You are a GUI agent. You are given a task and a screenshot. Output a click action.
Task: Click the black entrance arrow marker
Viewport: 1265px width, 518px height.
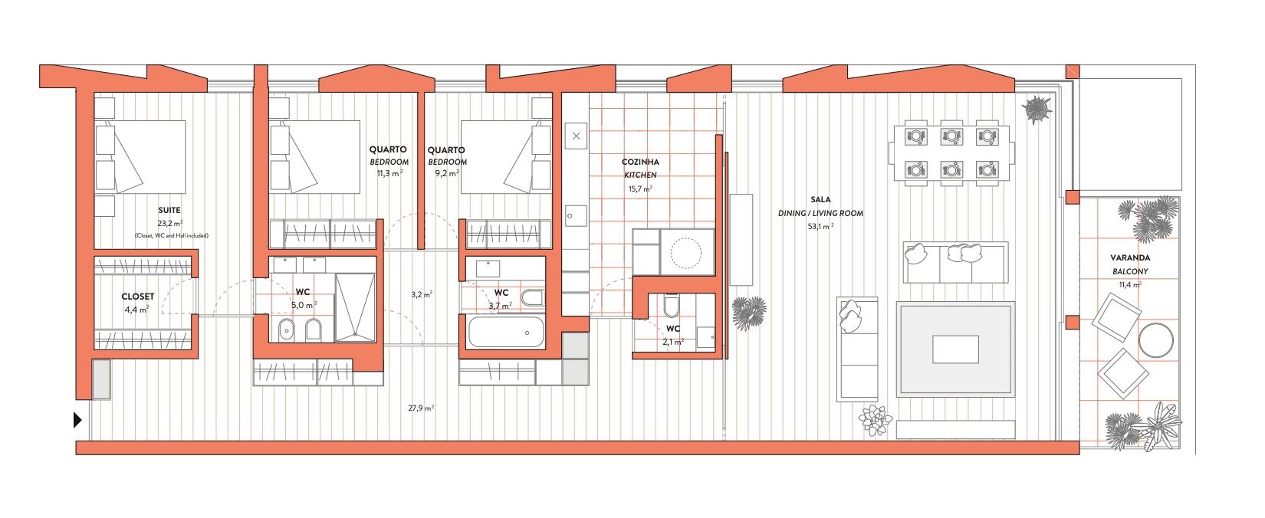77,420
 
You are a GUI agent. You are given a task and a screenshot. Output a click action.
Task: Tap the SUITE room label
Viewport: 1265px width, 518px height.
169,210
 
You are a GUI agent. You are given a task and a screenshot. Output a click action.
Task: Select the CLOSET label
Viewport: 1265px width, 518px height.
138,297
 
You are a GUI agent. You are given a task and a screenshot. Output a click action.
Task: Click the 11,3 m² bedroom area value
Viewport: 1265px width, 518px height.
389,174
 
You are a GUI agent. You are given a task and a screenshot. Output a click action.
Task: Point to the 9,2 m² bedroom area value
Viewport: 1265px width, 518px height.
447,174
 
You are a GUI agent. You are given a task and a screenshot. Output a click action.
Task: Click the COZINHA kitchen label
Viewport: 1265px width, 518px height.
640,162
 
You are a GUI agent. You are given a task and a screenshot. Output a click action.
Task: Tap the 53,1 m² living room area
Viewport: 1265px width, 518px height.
820,227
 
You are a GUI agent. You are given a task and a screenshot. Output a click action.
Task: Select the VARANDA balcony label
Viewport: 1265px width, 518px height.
1130,258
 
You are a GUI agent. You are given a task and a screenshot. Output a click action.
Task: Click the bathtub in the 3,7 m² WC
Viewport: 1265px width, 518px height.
506,332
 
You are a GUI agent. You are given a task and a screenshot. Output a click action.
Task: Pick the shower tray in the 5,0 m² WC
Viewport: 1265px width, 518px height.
355,307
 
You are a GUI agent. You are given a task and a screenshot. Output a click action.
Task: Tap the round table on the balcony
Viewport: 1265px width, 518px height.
1156,340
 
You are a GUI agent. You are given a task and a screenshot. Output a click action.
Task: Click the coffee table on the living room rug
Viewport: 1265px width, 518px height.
955,349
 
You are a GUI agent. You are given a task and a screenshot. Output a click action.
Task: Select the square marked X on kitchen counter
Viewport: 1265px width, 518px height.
576,136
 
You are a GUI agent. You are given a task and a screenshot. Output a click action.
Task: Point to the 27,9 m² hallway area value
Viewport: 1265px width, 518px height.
422,408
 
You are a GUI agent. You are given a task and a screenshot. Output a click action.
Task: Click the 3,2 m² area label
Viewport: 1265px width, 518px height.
422,294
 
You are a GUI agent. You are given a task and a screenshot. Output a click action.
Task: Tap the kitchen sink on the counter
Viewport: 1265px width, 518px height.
576,216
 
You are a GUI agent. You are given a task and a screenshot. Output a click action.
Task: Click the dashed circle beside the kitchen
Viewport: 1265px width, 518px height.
685,252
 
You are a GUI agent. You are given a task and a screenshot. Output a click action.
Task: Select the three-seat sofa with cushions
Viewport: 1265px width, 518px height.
955,263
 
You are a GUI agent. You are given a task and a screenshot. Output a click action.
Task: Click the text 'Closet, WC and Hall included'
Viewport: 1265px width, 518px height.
172,236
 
